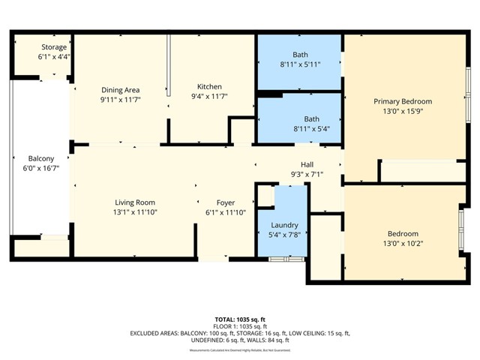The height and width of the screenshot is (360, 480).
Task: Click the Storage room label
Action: (53, 47)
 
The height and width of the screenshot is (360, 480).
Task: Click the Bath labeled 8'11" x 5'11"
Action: (300, 54)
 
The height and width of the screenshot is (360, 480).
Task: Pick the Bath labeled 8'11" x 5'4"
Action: (311, 118)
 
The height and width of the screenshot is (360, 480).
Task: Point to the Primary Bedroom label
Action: (403, 101)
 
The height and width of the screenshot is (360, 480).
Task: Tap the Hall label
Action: (307, 165)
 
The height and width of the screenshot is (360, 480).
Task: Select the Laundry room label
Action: (284, 225)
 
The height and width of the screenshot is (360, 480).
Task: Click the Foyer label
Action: (226, 202)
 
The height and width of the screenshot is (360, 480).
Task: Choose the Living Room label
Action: (135, 202)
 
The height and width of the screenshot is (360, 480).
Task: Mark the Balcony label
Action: (41, 158)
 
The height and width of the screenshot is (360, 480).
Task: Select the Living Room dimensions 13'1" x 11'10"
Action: (135, 212)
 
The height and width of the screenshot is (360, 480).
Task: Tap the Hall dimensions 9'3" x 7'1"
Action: (307, 175)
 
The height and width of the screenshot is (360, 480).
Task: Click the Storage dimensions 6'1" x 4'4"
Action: (53, 56)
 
